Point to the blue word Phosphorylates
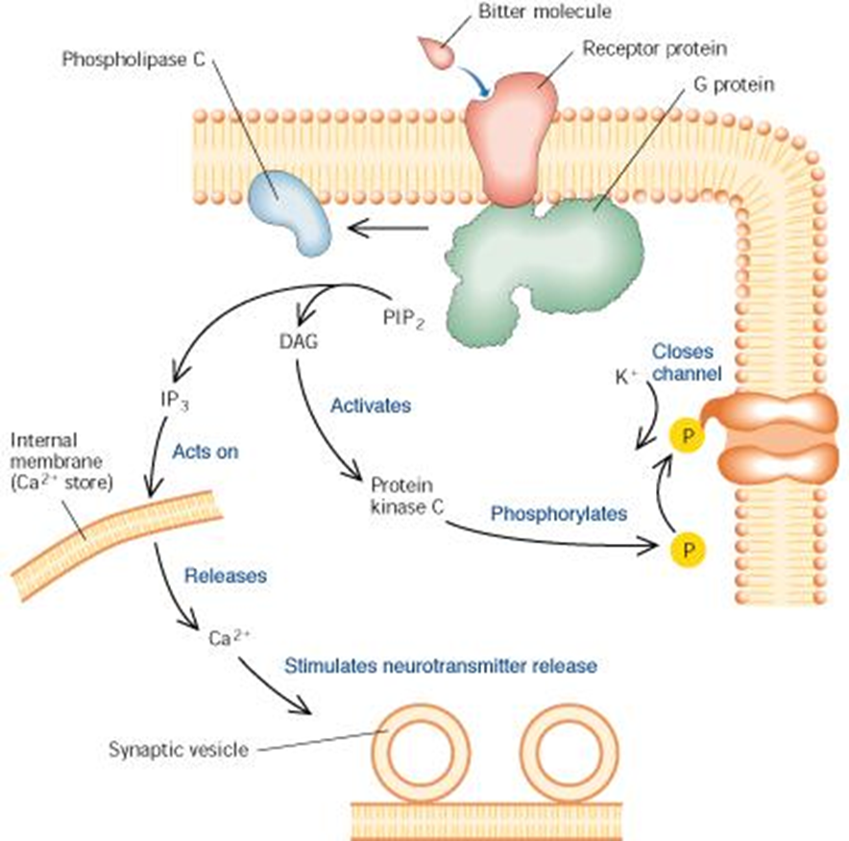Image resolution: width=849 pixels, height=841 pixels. tap(558, 514)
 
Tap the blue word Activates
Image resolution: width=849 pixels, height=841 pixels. tap(370, 406)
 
